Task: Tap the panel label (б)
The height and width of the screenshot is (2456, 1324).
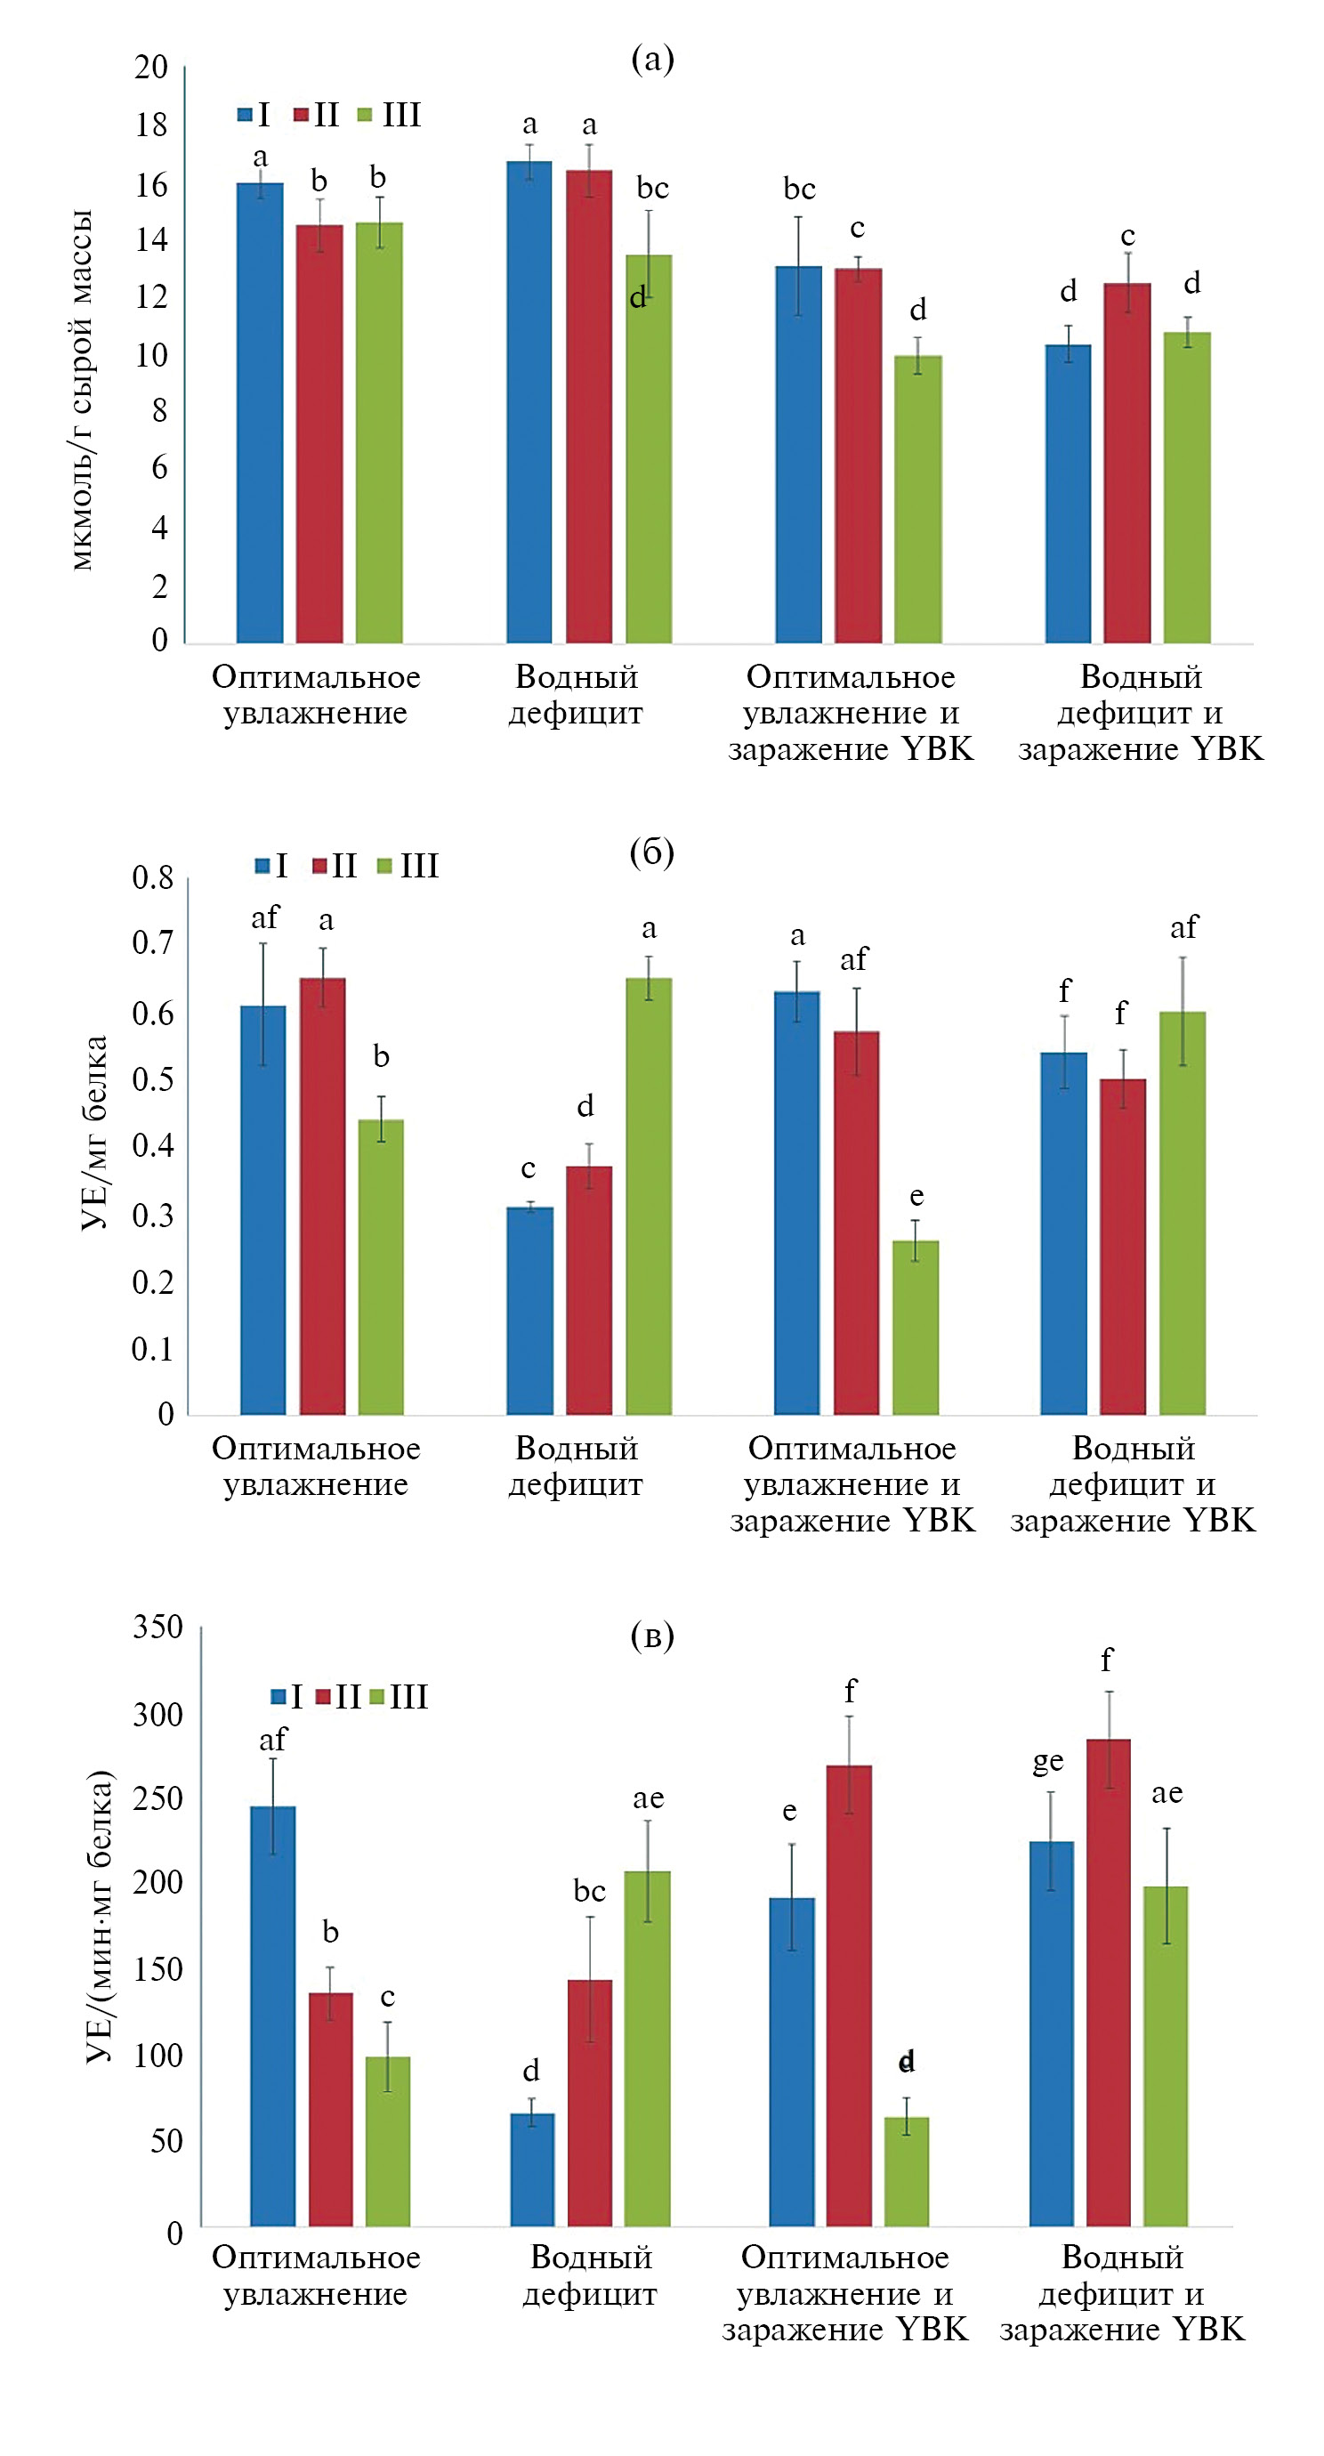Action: [652, 852]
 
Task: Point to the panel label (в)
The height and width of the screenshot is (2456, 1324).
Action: [652, 1636]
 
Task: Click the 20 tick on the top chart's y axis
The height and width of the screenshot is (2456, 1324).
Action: [150, 67]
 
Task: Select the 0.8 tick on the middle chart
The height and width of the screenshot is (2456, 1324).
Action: [152, 877]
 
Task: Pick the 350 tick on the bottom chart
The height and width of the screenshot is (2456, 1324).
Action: [157, 1627]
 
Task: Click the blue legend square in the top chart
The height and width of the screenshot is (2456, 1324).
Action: [245, 116]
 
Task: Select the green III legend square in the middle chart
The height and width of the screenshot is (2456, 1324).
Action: [384, 866]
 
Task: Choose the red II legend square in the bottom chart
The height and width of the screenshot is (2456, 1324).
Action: [322, 1696]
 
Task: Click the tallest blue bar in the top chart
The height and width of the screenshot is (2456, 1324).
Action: [529, 400]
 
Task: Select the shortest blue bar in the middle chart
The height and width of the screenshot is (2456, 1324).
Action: [530, 1310]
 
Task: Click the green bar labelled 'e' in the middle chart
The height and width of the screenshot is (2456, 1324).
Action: [916, 1326]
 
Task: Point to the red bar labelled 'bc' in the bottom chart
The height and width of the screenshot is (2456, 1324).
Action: [590, 2102]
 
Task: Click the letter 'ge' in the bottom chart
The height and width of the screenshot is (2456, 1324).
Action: [1047, 1761]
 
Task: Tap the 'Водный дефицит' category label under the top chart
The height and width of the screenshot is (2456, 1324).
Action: [576, 695]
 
